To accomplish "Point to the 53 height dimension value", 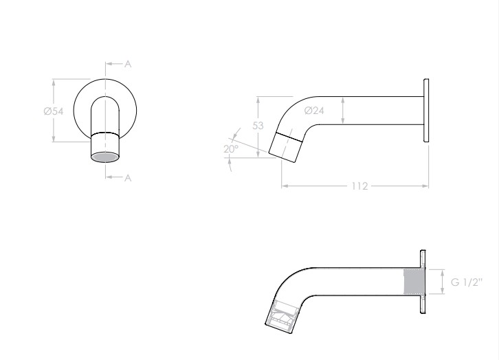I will point(258,126).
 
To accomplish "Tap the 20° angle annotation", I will point(230,148).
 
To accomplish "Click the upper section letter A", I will point(128,64).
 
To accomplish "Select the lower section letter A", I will point(128,177).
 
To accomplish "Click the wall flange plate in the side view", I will point(427,111).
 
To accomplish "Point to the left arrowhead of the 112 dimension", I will point(284,185).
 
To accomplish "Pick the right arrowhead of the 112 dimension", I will point(426,185).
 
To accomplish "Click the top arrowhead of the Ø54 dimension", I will point(54,82).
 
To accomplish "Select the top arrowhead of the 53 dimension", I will point(258,99).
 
